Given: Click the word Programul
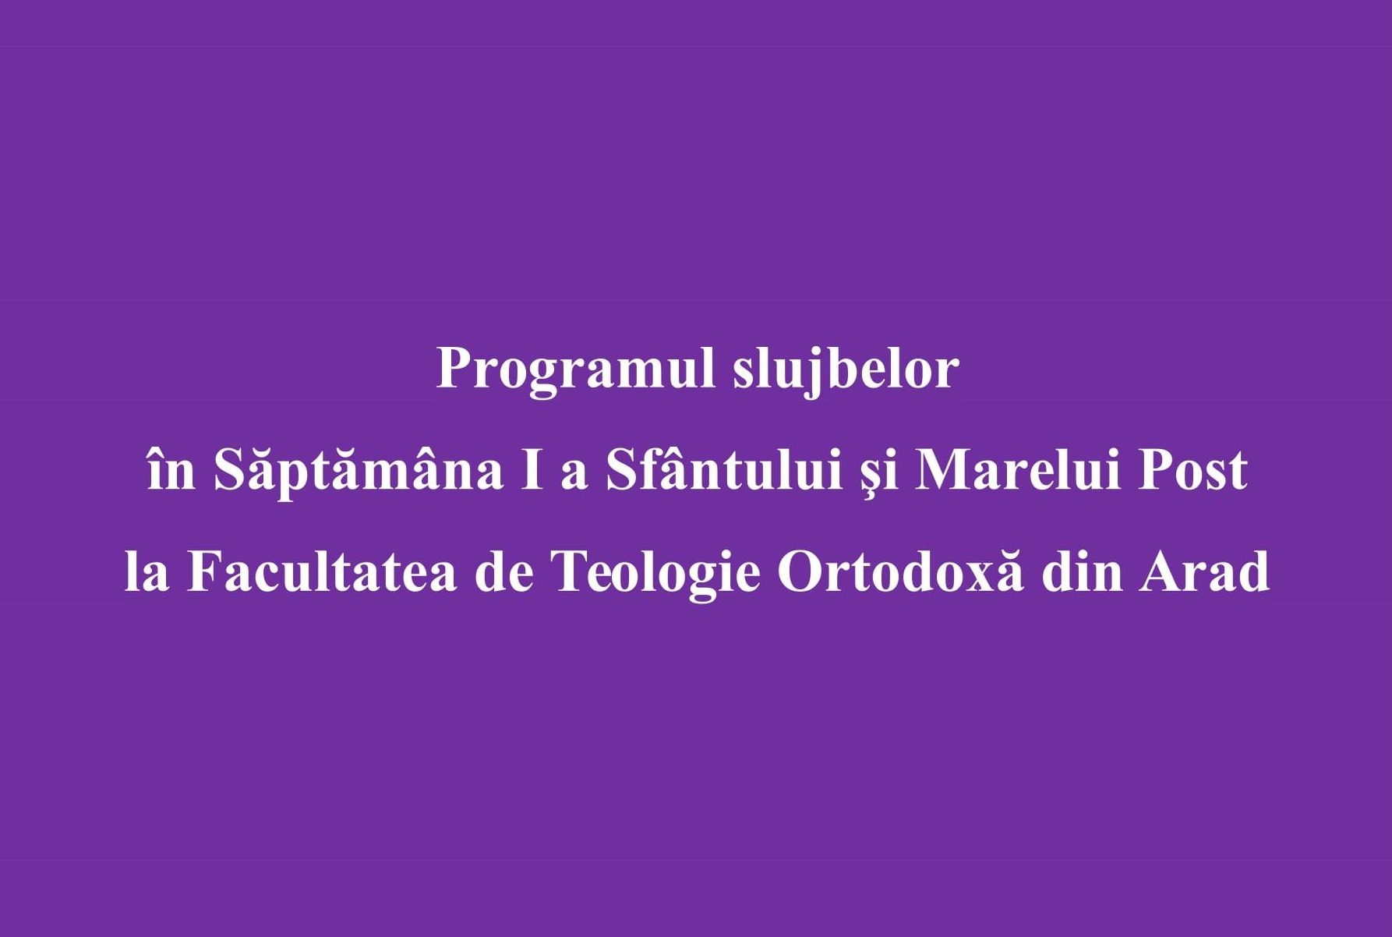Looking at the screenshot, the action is [x=575, y=370].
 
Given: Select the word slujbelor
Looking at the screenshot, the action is [x=846, y=370].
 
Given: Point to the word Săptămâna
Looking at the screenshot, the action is [x=359, y=472].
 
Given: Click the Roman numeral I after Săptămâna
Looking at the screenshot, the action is [x=532, y=470].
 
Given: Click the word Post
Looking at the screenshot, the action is [x=1192, y=470].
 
